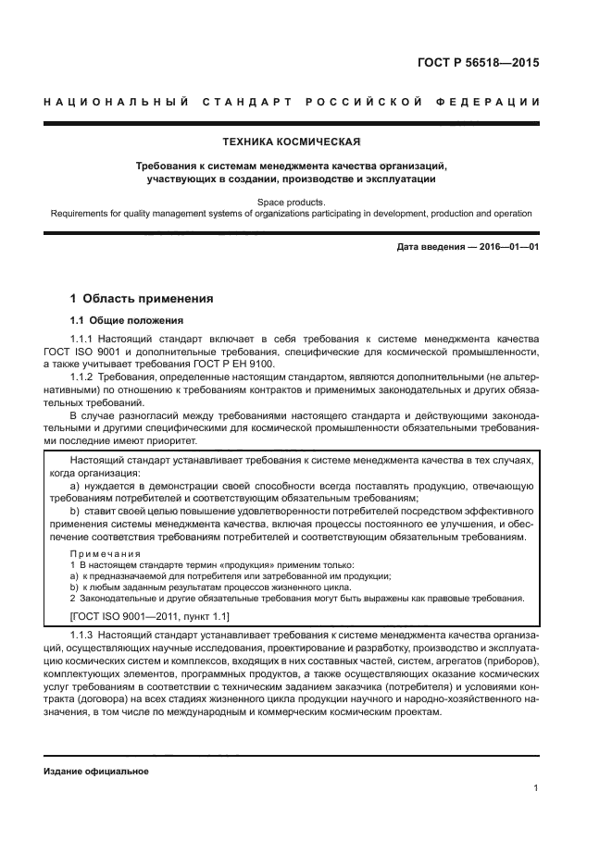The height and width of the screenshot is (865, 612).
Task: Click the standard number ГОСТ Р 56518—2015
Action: [478, 64]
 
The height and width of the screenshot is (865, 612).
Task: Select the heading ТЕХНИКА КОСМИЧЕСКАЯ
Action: [292, 142]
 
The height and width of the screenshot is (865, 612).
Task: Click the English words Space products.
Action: [292, 201]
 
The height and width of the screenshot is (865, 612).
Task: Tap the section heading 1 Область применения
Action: [143, 299]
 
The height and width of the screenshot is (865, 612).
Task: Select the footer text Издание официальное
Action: [96, 771]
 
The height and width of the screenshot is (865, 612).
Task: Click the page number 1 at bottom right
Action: [536, 788]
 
